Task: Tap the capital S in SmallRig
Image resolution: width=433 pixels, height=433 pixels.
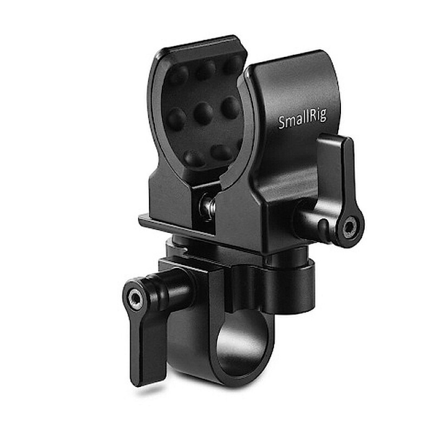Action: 282,123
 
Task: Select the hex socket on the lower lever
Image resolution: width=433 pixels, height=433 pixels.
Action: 134,298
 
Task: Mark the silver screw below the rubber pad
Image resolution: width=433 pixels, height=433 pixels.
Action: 206,205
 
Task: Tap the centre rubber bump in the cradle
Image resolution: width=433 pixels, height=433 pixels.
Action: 204,113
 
